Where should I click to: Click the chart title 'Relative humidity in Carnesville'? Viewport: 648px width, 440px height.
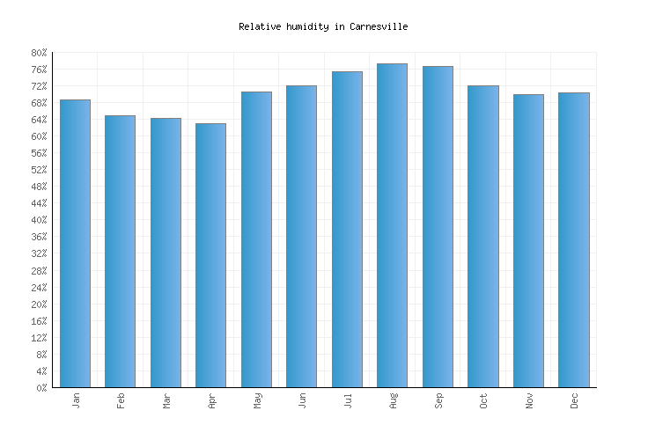(323, 26)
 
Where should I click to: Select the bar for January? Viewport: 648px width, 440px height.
(75, 244)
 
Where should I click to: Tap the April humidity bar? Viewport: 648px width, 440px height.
(210, 255)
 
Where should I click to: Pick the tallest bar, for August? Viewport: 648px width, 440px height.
(392, 225)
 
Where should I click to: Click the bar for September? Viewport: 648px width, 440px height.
(438, 227)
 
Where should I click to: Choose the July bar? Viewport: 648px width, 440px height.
(347, 230)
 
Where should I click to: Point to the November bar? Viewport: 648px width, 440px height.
(528, 241)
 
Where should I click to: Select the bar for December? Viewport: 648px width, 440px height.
(573, 240)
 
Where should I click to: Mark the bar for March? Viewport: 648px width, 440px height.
(166, 253)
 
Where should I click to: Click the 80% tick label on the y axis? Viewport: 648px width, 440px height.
(40, 53)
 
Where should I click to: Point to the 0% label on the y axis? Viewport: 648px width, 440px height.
(42, 388)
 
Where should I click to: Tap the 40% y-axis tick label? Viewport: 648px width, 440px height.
(40, 220)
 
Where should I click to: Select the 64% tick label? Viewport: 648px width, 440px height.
(40, 120)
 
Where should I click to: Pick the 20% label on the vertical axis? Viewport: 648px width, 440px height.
(40, 304)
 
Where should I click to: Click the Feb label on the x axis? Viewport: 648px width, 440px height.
(121, 400)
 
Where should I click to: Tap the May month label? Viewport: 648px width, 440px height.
(257, 400)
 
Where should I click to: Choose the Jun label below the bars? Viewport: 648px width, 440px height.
(302, 400)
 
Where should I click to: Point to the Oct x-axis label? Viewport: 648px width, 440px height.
(483, 400)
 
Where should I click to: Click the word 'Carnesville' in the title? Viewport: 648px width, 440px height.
(379, 26)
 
